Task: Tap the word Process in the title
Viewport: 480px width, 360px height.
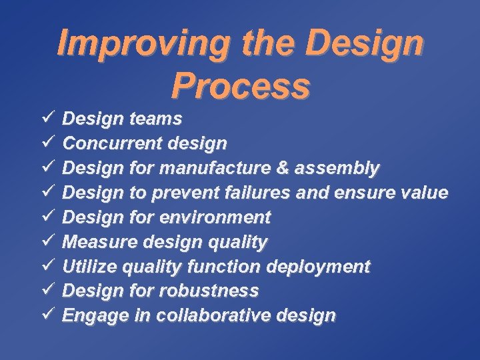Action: click(240, 85)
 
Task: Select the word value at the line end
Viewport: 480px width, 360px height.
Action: click(426, 193)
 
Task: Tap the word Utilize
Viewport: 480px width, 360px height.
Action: click(87, 267)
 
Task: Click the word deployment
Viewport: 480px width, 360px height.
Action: click(318, 267)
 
